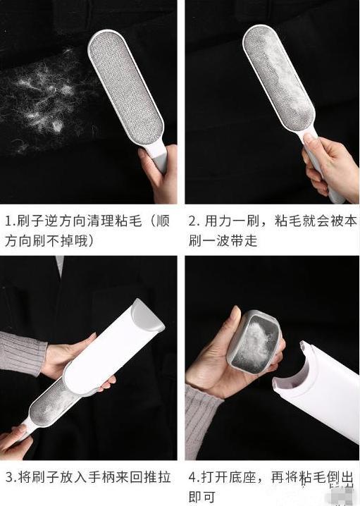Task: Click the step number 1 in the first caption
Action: pos(9,221)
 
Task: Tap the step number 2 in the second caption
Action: pos(192,221)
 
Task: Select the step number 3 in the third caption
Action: pos(10,477)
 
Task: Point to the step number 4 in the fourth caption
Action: pos(193,477)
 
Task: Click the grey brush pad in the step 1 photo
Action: pos(126,87)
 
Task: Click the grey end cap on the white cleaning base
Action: pos(146,317)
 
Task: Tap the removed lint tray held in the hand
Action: pos(255,342)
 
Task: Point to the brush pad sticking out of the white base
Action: pos(54,400)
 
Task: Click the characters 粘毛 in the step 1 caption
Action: pos(128,221)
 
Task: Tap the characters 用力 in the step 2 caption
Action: pos(218,221)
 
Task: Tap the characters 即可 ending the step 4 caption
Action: pos(202,498)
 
